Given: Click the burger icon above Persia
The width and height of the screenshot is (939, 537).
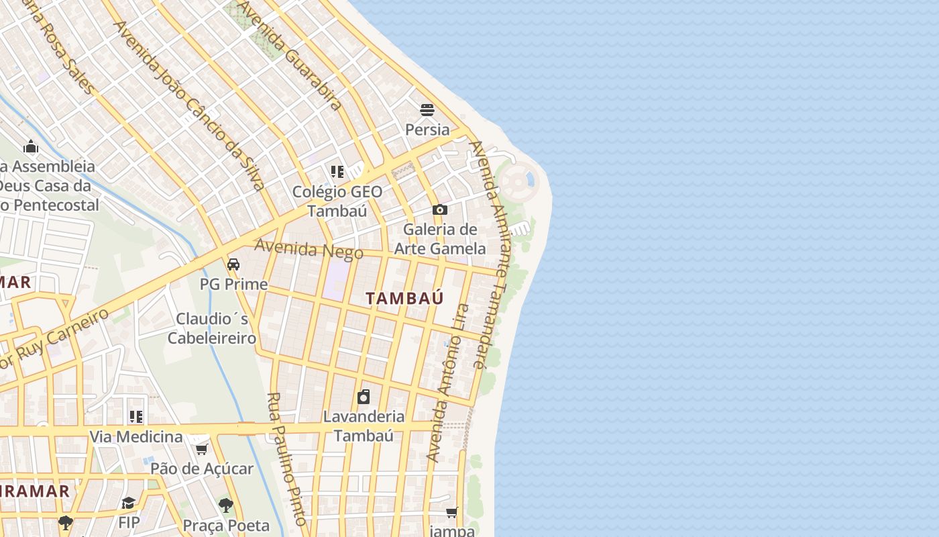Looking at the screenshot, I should tap(427, 109).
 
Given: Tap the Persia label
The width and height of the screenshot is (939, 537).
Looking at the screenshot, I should tap(427, 129).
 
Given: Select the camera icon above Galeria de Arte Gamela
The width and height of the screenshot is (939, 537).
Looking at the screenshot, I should tap(440, 209).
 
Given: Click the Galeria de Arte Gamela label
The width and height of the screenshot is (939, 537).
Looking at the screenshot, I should tap(440, 239).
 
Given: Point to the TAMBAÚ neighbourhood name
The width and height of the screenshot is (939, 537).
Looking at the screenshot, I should tap(405, 299).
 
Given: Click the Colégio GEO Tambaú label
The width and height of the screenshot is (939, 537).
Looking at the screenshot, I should tap(337, 201).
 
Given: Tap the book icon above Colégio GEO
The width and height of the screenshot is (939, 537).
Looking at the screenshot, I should tap(337, 172).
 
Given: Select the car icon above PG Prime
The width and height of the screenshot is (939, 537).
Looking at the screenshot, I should tap(233, 264).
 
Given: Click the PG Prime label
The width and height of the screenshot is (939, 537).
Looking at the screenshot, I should tap(233, 284).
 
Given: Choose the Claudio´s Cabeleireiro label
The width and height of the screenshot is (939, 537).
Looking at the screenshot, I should tap(212, 328).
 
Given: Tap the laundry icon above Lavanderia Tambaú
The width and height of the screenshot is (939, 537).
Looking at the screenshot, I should tap(364, 397).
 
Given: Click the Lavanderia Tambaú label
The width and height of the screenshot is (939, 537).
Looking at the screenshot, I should tap(364, 426).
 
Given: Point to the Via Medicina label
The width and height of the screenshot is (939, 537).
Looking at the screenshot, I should tap(136, 437).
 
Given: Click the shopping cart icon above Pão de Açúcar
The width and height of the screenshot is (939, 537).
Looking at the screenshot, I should tap(201, 449).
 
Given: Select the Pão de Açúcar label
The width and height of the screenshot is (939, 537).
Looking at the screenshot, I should tap(201, 469).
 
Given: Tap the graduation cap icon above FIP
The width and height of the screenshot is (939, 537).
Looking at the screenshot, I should tap(129, 503).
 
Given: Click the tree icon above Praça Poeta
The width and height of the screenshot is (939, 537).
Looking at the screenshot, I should tap(226, 505).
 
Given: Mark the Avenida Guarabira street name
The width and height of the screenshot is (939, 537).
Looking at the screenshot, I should tap(290, 55).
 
